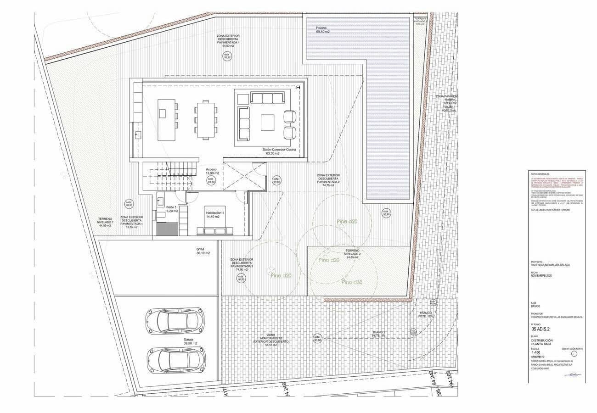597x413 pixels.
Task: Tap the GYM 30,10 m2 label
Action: pos(203,251)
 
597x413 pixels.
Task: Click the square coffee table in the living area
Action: pos(268,122)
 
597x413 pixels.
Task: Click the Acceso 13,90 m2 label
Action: pos(212,171)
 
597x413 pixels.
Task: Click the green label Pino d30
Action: pos(352,283)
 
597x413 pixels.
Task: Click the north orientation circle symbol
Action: pos(573,353)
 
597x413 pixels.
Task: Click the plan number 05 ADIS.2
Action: pos(541,329)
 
